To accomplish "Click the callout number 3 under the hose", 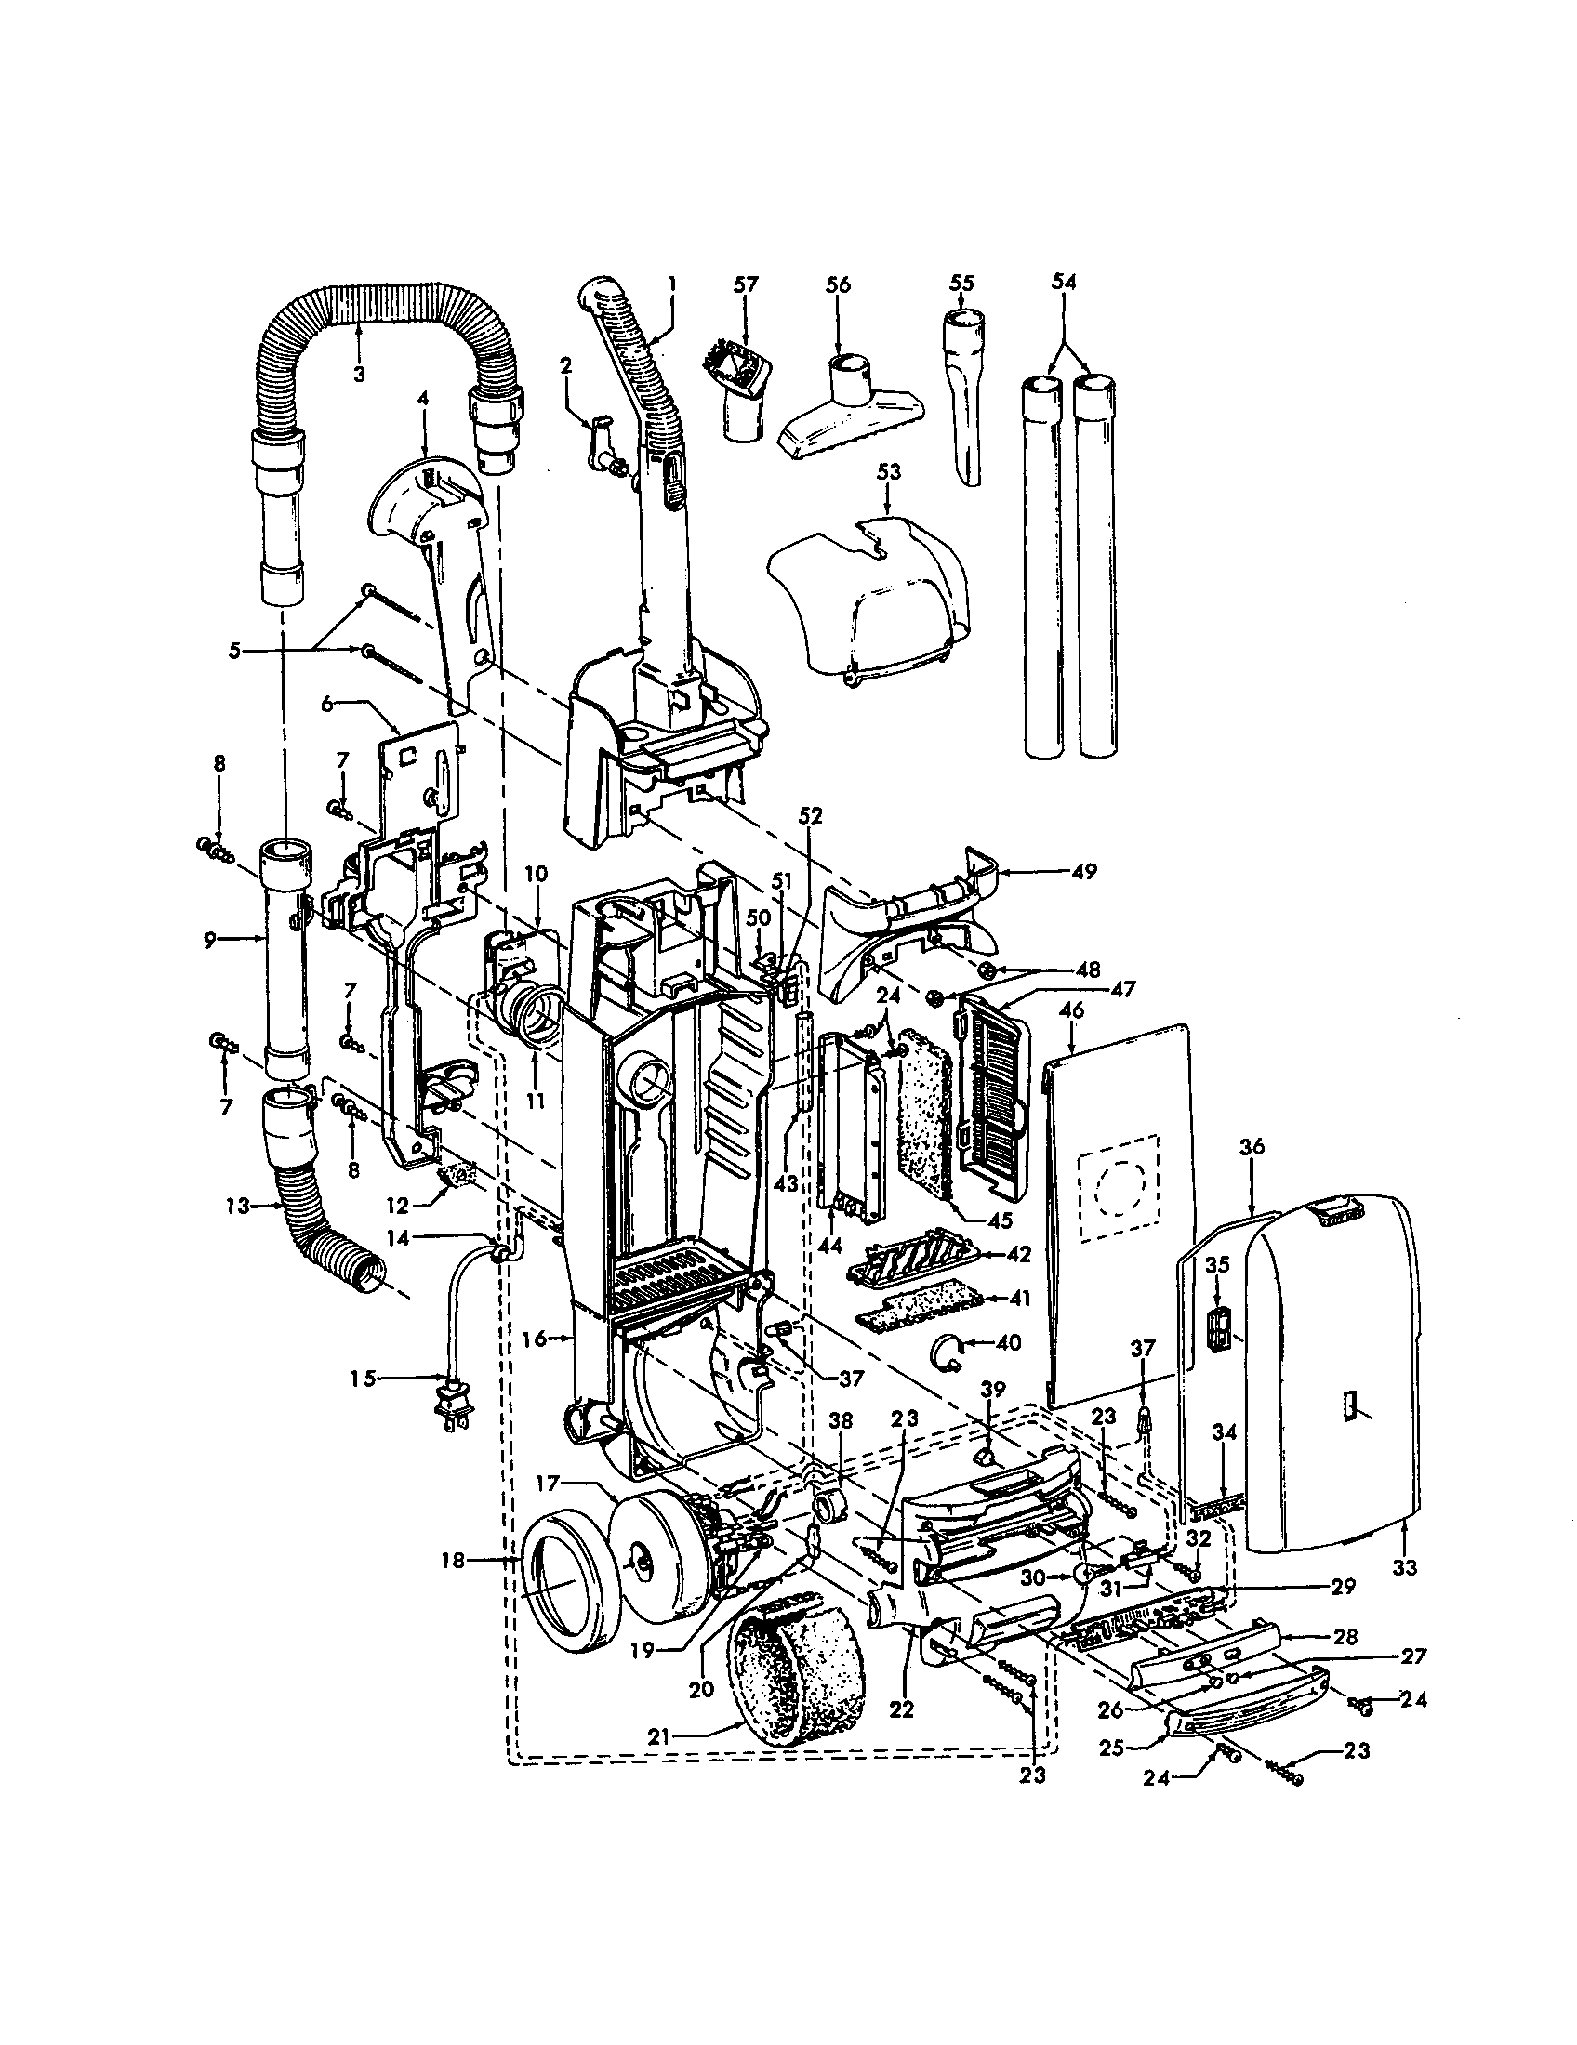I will [359, 374].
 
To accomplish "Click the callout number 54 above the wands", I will [1065, 281].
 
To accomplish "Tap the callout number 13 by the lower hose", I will [237, 1206].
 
